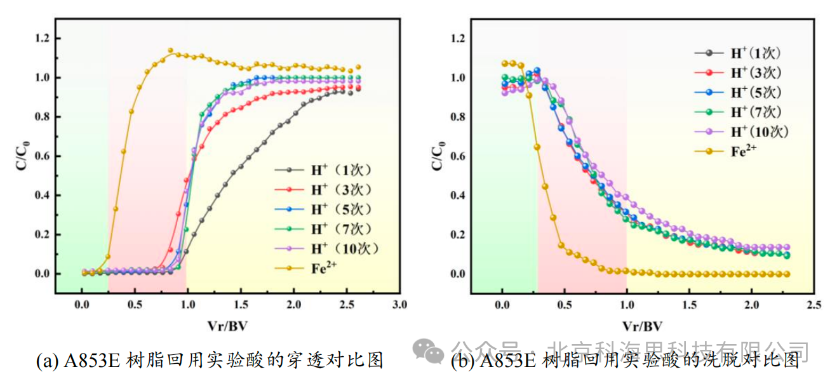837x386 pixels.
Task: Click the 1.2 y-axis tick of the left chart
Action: click(x=42, y=39)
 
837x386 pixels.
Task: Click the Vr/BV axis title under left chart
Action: click(x=227, y=326)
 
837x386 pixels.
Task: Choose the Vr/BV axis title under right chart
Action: click(x=643, y=326)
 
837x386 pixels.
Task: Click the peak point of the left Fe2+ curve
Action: click(x=170, y=50)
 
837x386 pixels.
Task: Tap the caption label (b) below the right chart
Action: click(x=462, y=361)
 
